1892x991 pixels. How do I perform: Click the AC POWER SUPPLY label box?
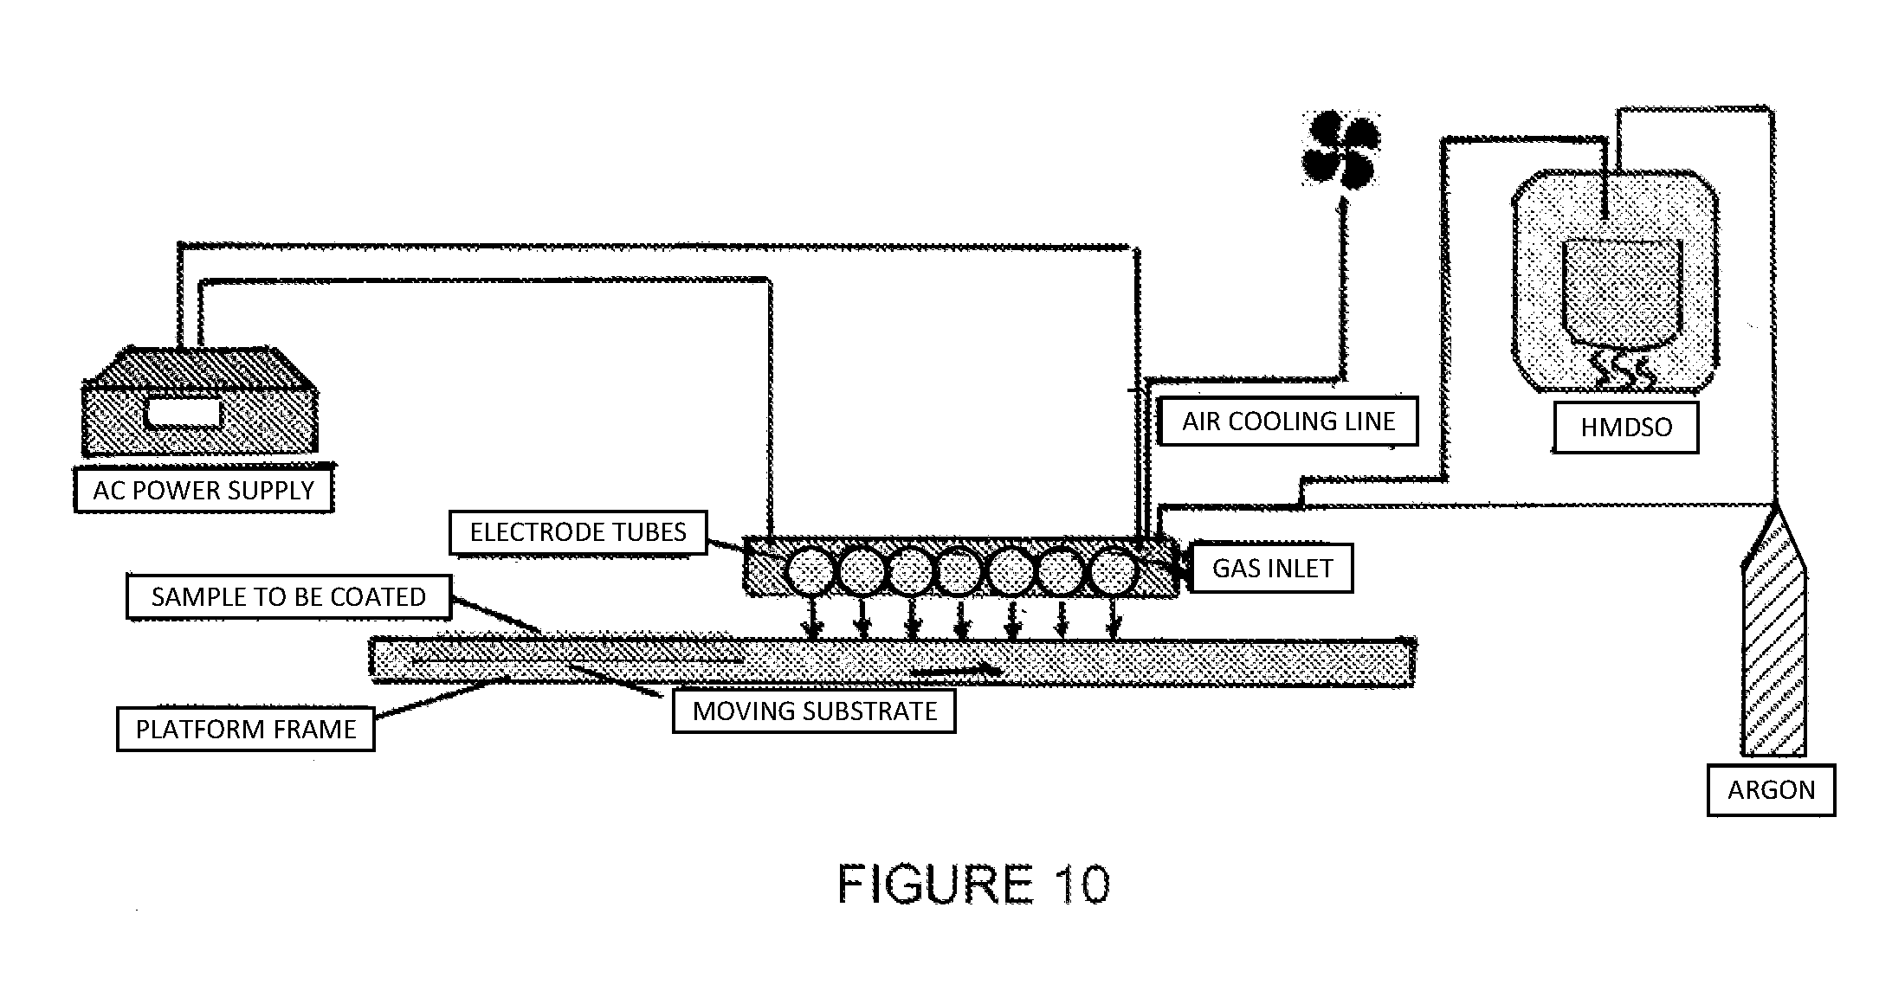coord(203,490)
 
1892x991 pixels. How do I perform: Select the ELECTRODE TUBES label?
coord(578,531)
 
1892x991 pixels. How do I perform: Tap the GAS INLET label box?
coord(1272,568)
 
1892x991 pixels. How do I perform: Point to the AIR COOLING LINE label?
coord(1288,421)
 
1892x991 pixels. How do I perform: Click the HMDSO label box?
coord(1625,427)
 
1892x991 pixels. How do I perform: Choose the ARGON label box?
coord(1771,790)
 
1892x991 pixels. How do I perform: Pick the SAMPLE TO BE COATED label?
coord(288,596)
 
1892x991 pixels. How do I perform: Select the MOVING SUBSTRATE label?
coord(815,711)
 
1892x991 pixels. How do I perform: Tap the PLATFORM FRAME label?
coord(246,729)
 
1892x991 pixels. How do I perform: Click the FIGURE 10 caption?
coord(973,885)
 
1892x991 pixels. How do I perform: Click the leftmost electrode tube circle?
coord(810,571)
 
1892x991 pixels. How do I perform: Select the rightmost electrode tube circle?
coord(1113,571)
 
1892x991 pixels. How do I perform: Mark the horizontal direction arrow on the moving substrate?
coord(955,671)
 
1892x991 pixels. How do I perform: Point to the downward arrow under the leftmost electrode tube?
coord(811,619)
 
